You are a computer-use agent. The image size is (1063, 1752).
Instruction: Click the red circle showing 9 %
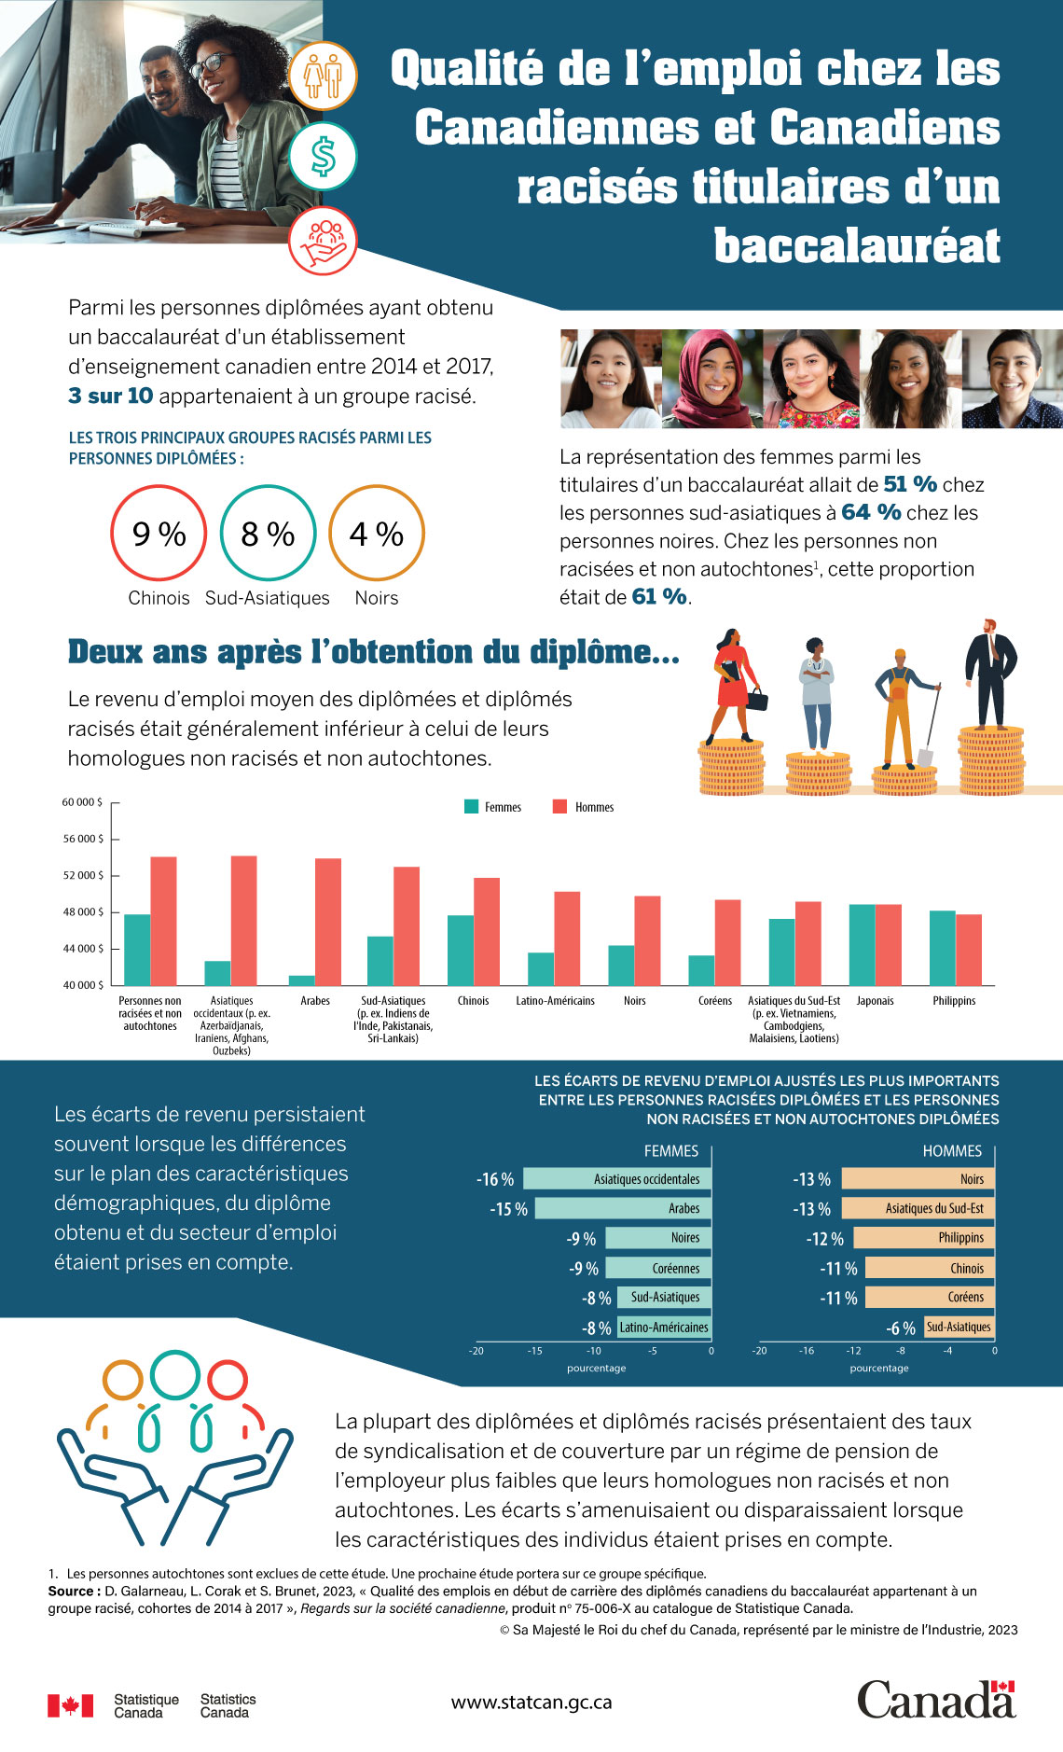159,533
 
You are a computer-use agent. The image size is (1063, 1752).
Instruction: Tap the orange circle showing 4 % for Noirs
377,533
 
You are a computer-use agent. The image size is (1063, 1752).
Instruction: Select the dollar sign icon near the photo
323,157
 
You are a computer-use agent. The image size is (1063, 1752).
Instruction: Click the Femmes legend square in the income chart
472,807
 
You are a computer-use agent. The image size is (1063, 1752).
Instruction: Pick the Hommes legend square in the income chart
559,807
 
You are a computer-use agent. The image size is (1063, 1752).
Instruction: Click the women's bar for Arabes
302,980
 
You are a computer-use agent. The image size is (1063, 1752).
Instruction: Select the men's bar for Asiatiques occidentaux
244,920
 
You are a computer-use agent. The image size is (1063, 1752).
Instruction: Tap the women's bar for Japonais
862,944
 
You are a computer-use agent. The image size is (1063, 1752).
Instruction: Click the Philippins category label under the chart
954,1001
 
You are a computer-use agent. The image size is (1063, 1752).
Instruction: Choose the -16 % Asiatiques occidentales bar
617,1179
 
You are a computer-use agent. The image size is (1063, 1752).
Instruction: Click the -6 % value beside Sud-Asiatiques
901,1328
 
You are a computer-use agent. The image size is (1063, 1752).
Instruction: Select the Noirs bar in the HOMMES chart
918,1179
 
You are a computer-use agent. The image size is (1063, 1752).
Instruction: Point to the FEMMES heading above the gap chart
670,1151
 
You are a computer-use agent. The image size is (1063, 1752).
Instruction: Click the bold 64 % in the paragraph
871,512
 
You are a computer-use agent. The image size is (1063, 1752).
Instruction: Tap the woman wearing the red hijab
713,379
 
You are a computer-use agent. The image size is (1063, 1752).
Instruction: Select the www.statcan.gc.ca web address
531,1702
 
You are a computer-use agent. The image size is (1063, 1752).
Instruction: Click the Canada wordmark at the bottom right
935,1700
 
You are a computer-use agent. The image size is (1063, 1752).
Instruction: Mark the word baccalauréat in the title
857,245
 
